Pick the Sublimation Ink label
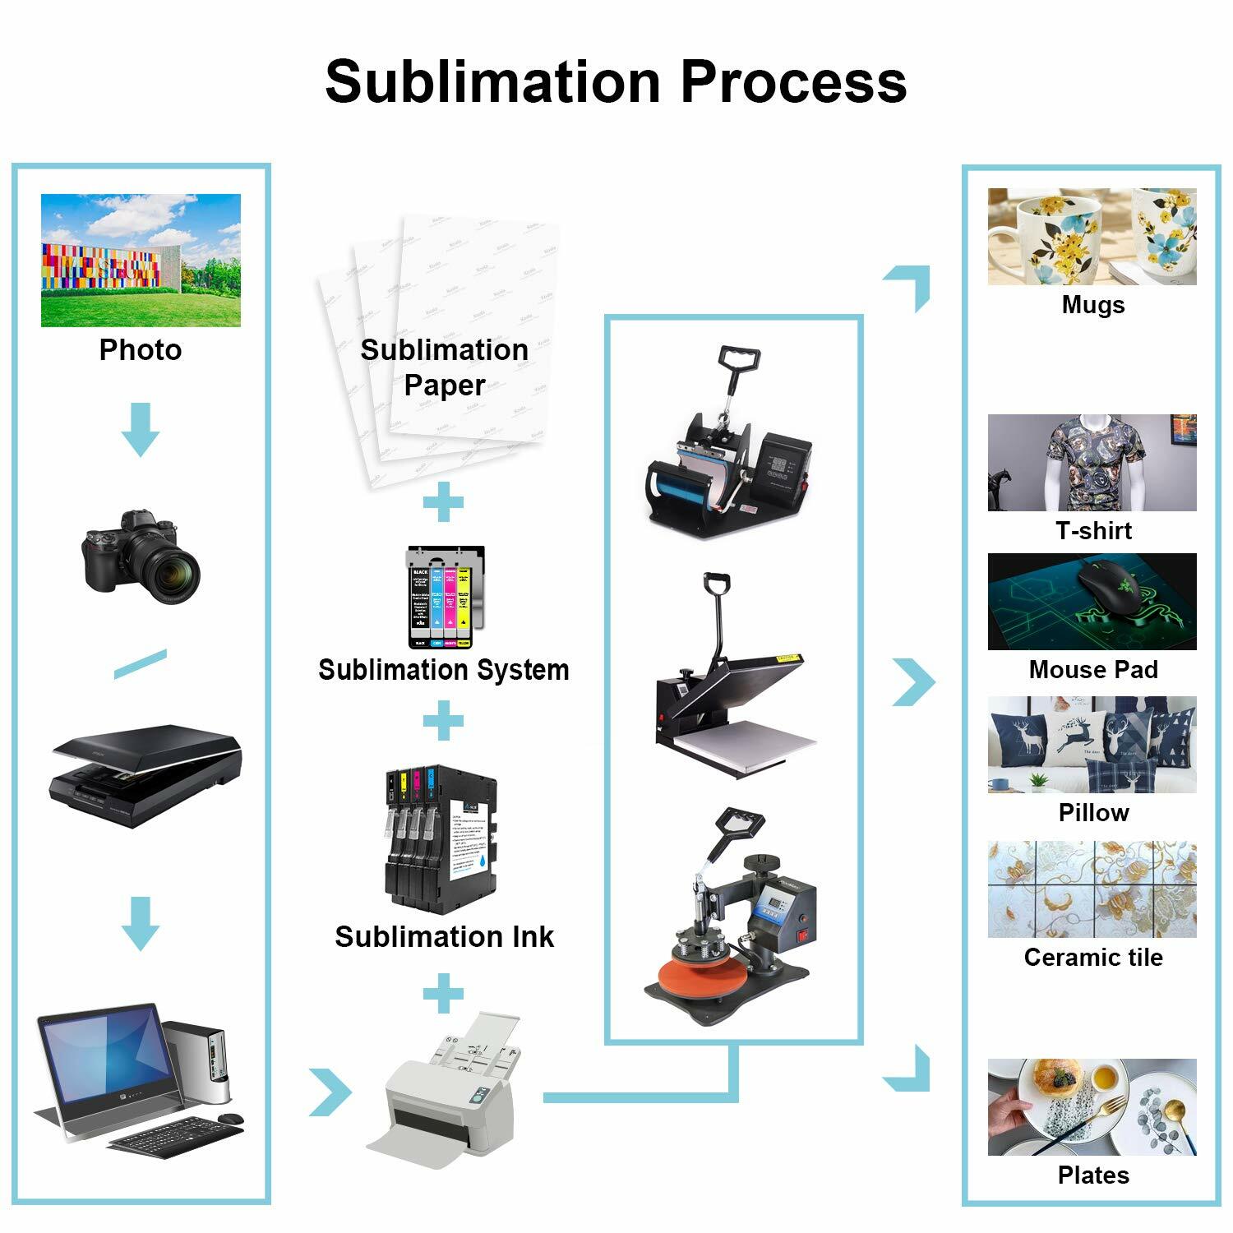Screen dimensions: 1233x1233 444,936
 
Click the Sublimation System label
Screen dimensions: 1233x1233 443,669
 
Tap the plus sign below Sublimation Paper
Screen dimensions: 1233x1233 443,501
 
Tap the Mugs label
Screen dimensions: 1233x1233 1092,305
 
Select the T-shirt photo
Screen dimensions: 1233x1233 1092,462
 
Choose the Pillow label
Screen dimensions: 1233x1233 1092,812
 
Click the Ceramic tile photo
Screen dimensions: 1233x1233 1092,889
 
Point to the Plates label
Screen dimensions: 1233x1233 1092,1175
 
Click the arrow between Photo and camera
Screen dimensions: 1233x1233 141,429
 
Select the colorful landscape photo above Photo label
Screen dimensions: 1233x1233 141,260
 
